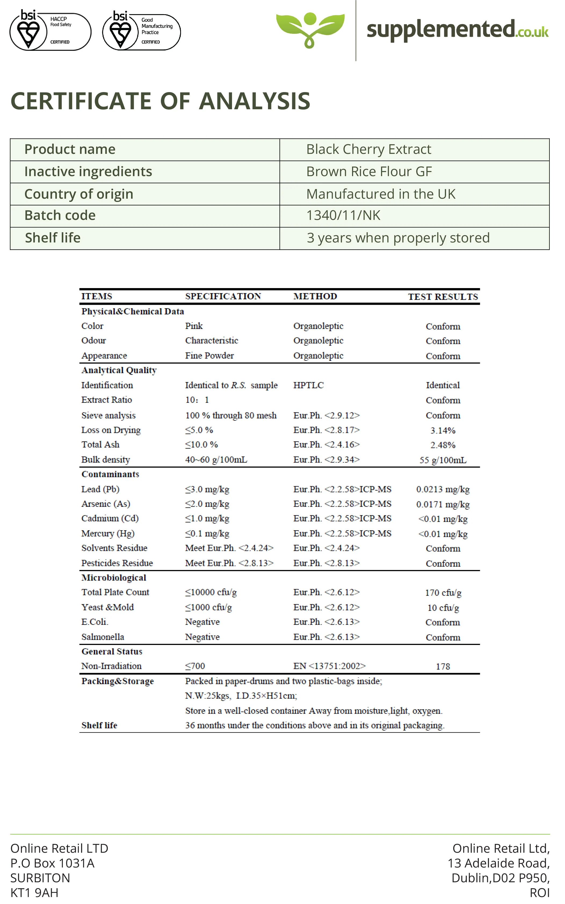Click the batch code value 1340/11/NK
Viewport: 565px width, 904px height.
click(343, 216)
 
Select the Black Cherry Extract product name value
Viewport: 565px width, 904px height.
click(368, 150)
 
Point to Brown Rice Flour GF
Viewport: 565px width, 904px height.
click(369, 172)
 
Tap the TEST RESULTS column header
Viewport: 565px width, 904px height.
click(443, 297)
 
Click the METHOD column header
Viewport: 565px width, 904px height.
click(315, 296)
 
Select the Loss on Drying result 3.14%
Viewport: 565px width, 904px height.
click(443, 431)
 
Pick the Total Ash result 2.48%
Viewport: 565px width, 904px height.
click(443, 445)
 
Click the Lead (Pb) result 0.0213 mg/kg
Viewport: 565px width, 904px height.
click(443, 489)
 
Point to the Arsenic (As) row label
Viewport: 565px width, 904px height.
click(106, 504)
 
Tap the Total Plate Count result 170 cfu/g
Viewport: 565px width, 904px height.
click(443, 593)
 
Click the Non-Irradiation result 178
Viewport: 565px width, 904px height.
click(443, 666)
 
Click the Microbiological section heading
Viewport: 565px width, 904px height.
click(114, 578)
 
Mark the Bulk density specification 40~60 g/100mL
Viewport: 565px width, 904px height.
click(216, 460)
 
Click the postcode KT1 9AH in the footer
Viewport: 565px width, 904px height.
click(34, 893)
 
